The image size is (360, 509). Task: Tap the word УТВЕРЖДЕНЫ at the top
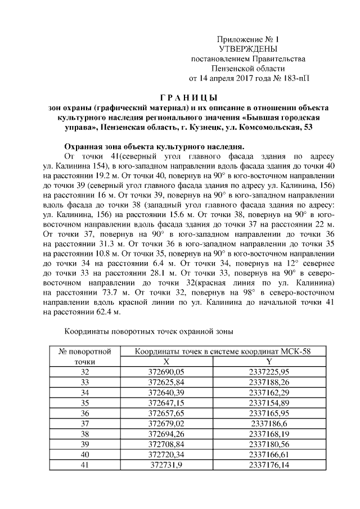248,49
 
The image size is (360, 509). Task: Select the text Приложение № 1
248,40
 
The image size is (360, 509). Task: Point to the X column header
166,362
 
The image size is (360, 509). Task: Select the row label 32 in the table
85,372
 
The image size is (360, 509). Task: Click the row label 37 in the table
85,424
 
